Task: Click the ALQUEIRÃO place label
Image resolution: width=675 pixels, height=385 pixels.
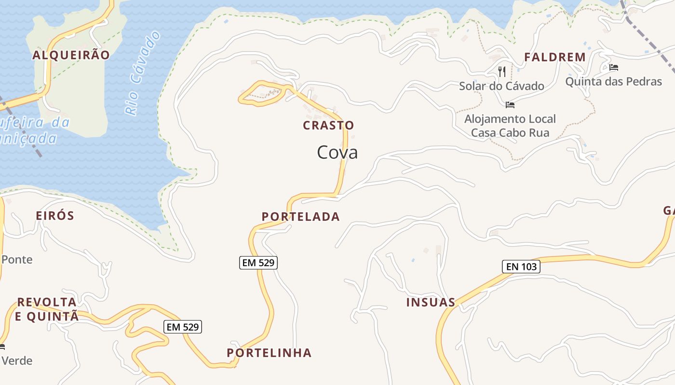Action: pyautogui.click(x=71, y=55)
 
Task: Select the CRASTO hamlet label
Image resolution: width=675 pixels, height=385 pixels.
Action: pyautogui.click(x=328, y=126)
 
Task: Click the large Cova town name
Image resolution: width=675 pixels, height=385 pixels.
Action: pyautogui.click(x=337, y=153)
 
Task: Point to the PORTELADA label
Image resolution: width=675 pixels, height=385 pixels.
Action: pyautogui.click(x=301, y=217)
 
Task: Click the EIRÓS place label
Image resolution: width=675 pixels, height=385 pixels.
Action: pyautogui.click(x=55, y=216)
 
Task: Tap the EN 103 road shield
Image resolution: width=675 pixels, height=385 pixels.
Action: pyautogui.click(x=521, y=267)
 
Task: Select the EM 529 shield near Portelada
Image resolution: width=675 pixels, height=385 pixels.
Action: pyautogui.click(x=258, y=263)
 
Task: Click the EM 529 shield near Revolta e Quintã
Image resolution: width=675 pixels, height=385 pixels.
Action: pyautogui.click(x=183, y=327)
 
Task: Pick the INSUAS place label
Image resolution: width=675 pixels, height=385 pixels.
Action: pyautogui.click(x=431, y=303)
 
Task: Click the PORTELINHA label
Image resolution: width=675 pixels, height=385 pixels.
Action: pyautogui.click(x=269, y=353)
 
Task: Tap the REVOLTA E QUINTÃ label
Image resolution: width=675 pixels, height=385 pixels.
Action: pyautogui.click(x=47, y=309)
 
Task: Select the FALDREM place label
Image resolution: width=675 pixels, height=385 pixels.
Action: pyautogui.click(x=555, y=57)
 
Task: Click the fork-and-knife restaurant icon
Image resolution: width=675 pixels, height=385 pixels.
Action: pyautogui.click(x=502, y=72)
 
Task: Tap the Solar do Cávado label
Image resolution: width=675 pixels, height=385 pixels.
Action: pyautogui.click(x=501, y=87)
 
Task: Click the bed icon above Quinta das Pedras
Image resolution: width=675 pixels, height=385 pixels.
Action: pyautogui.click(x=614, y=67)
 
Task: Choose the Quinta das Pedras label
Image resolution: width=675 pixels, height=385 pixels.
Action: pyautogui.click(x=613, y=82)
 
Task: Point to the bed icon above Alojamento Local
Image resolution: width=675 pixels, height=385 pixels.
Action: pyautogui.click(x=510, y=104)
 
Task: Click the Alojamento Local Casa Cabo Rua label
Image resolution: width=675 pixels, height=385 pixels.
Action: pyautogui.click(x=510, y=126)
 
